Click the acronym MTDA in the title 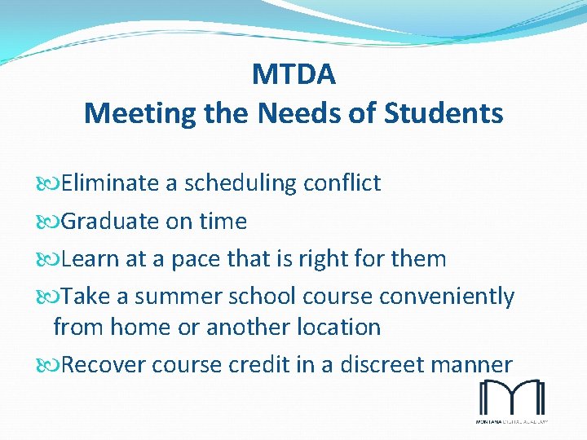[x=293, y=75]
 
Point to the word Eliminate [x=110, y=183]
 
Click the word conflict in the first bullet [x=342, y=183]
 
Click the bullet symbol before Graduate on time [x=53, y=222]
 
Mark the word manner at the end [x=477, y=364]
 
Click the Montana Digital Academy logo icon [x=511, y=398]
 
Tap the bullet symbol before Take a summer [x=53, y=297]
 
